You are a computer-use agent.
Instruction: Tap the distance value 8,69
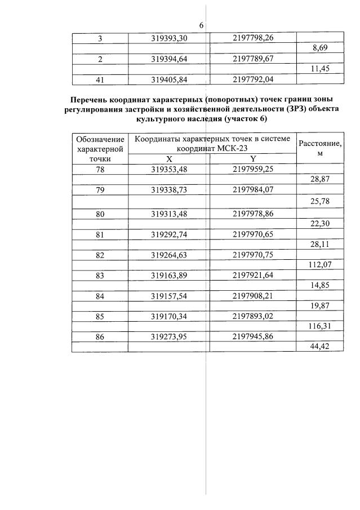pyautogui.click(x=320, y=48)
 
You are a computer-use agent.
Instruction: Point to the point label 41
pyautogui.click(x=100, y=79)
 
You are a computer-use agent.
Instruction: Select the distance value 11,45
pyautogui.click(x=320, y=69)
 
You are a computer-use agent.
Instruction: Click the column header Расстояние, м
pyautogui.click(x=320, y=148)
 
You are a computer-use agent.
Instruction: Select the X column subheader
pyautogui.click(x=169, y=159)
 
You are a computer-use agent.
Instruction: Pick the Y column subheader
pyautogui.click(x=253, y=159)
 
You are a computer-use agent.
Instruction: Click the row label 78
pyautogui.click(x=100, y=168)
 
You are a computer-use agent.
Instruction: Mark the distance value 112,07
pyautogui.click(x=320, y=265)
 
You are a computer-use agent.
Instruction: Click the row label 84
pyautogui.click(x=100, y=296)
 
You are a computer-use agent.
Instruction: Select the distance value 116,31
pyautogui.click(x=320, y=326)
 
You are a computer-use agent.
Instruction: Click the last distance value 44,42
pyautogui.click(x=320, y=346)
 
